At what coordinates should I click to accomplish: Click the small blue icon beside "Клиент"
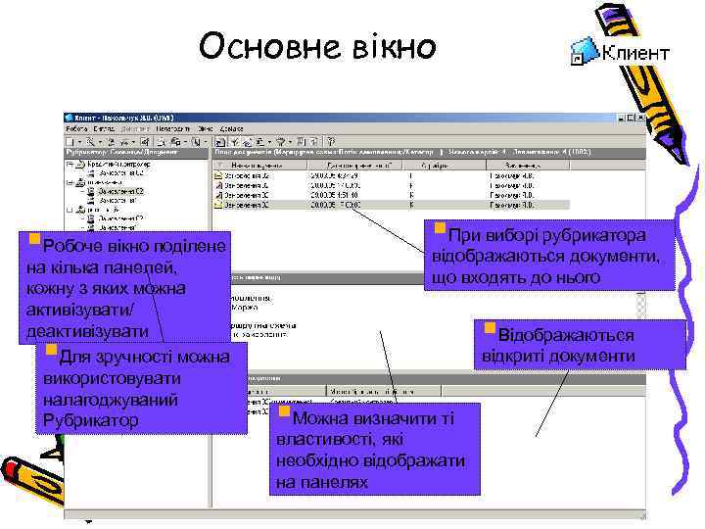[584, 53]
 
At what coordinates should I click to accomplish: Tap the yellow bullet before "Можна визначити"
[284, 411]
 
